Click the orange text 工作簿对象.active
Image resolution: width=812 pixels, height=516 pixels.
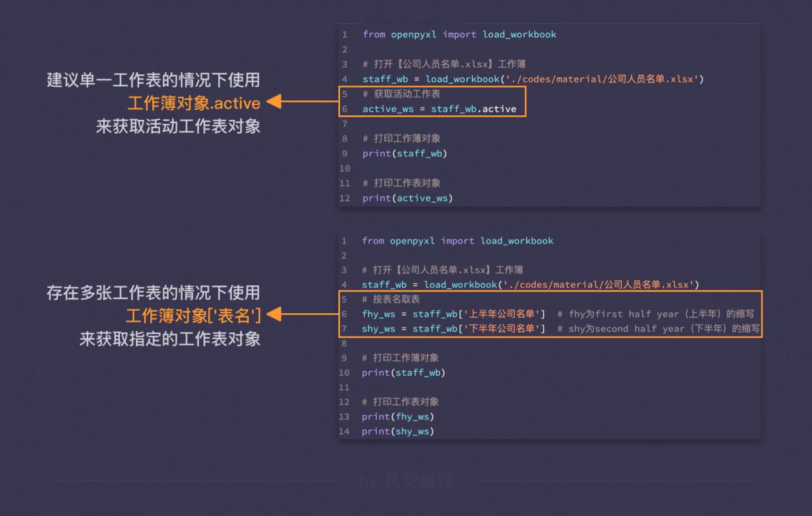(194, 103)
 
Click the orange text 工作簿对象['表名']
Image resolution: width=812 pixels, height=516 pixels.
(193, 315)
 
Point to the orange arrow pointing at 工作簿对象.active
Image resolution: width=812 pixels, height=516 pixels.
(303, 101)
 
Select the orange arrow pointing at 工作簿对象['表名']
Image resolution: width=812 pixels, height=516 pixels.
(303, 314)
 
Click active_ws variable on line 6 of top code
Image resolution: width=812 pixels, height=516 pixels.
(388, 109)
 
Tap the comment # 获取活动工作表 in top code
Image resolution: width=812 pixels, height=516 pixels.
(402, 94)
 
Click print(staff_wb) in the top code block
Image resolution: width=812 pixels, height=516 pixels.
(405, 153)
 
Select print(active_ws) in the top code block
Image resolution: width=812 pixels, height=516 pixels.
(408, 198)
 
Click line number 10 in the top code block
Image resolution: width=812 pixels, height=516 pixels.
(344, 169)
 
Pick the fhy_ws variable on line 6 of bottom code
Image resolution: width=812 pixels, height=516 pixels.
(379, 314)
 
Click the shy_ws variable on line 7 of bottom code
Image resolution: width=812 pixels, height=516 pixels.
(379, 329)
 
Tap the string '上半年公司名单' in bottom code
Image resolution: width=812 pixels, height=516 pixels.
(502, 314)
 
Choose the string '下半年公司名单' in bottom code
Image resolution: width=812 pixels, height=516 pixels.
(502, 328)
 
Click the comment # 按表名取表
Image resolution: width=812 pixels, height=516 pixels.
(391, 299)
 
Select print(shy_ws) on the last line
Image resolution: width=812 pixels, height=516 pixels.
(398, 432)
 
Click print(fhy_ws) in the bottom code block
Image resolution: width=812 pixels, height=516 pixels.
(398, 416)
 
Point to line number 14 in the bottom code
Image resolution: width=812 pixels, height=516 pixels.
(344, 432)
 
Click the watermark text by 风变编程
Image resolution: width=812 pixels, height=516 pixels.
(405, 481)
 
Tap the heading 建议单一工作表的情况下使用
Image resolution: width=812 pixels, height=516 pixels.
(154, 80)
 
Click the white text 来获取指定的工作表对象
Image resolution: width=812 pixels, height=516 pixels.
(170, 339)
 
